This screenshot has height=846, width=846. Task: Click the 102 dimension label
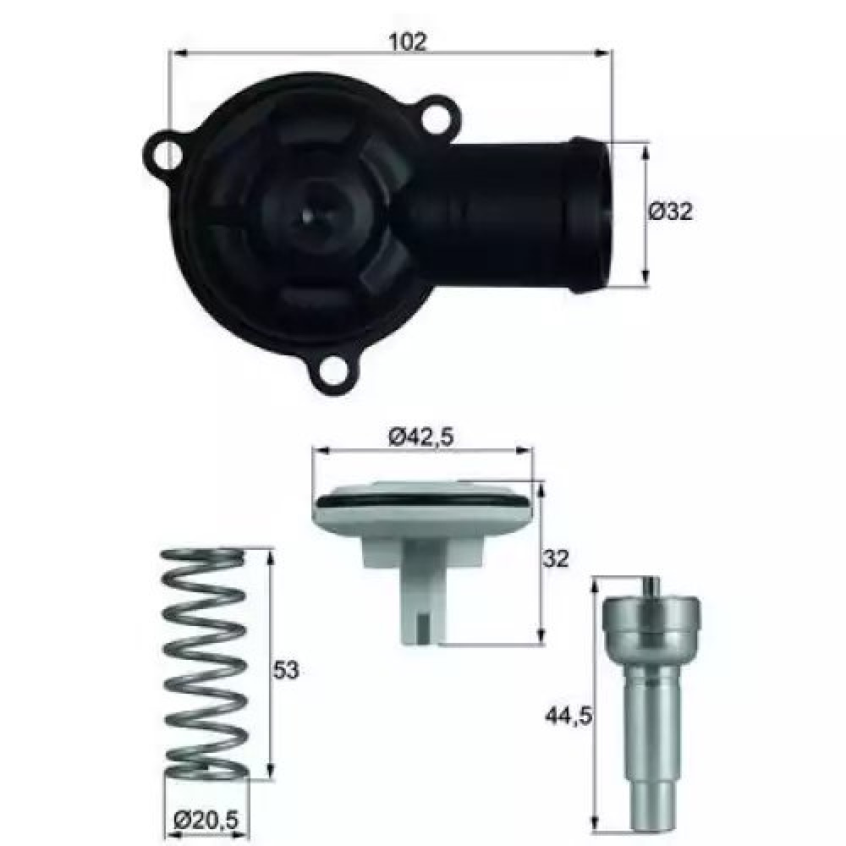click(x=408, y=41)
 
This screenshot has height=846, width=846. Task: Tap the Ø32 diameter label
click(x=670, y=211)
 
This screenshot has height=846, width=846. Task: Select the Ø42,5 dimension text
click(x=421, y=437)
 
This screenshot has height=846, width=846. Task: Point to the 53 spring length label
click(x=285, y=669)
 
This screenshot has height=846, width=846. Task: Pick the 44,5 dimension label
click(x=569, y=716)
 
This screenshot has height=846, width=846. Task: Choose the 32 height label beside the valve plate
click(x=556, y=558)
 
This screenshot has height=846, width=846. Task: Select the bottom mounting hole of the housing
click(x=332, y=371)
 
